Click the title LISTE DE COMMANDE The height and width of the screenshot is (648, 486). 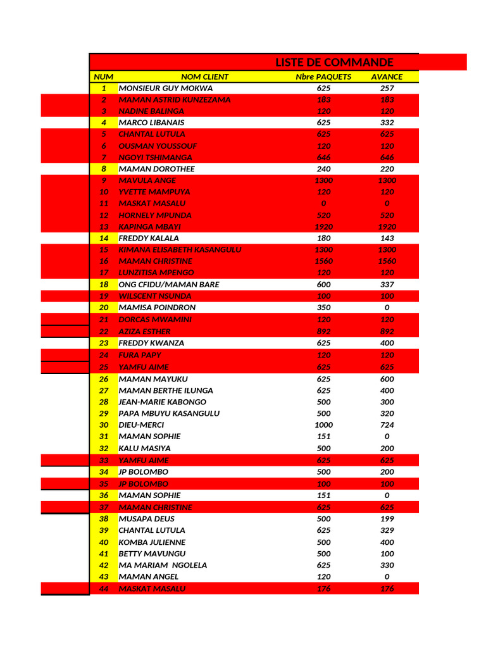coord(334,62)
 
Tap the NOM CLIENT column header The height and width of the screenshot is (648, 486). coord(204,77)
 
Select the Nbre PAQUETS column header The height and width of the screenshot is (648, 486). coord(323,77)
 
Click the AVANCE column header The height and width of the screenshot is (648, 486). coord(387,77)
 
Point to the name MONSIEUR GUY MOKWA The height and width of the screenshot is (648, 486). coord(166,89)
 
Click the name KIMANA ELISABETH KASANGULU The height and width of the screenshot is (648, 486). coord(180,250)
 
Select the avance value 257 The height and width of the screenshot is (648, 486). coord(387,89)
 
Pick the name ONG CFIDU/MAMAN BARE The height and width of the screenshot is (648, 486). coord(169,285)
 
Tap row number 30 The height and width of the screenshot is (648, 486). coord(104,425)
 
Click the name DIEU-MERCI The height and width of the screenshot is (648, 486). coord(141,425)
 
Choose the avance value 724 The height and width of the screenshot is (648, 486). coord(387,425)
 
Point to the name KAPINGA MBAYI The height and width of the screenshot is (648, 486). coord(150,227)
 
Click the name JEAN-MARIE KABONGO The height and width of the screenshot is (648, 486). coord(162,402)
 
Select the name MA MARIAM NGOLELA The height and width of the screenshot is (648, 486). coord(163,565)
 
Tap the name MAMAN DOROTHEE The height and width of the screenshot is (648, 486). coord(156,169)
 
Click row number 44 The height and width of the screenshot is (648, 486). coord(104,589)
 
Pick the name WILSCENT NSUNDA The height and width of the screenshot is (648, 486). coord(155,296)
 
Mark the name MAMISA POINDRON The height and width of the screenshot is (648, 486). coord(157,308)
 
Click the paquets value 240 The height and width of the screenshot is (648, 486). coord(323,169)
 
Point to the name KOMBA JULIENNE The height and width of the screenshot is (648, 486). coord(152,542)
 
